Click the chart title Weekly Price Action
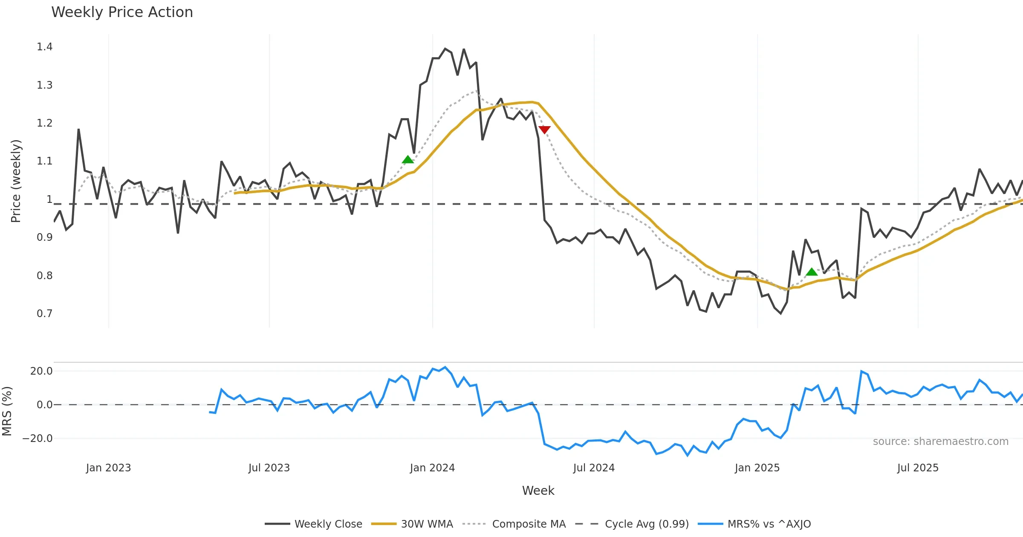(122, 12)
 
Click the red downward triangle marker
(544, 130)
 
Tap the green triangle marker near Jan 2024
(408, 160)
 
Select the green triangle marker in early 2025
(812, 272)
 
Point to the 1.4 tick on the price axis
(44, 47)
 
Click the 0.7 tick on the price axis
(44, 314)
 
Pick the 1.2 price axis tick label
(44, 123)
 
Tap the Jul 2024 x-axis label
(594, 468)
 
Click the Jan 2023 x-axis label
(108, 468)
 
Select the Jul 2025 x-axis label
(918, 468)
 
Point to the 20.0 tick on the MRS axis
(41, 371)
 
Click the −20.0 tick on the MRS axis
(38, 439)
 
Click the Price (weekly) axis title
(16, 181)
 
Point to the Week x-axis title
(538, 491)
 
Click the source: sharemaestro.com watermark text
(940, 442)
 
